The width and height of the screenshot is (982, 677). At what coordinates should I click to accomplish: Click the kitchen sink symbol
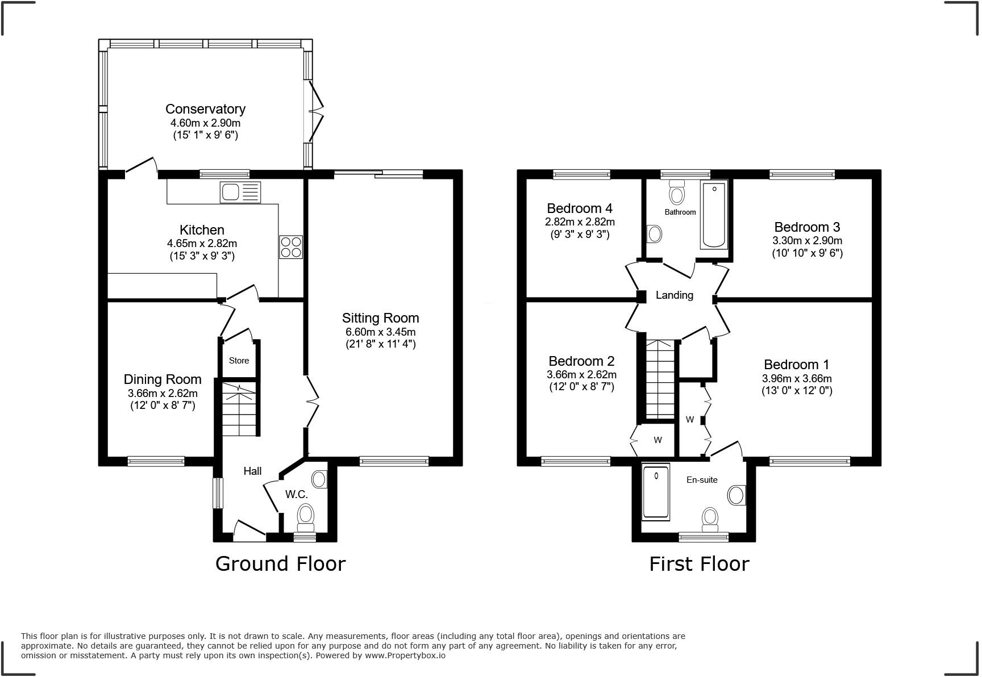pos(240,192)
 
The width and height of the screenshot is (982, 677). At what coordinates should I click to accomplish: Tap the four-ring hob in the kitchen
pos(291,247)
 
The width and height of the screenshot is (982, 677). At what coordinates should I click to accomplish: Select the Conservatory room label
pos(205,108)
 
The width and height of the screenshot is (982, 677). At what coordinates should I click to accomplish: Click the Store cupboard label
pos(239,361)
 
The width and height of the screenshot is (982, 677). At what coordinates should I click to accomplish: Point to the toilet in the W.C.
pos(306,516)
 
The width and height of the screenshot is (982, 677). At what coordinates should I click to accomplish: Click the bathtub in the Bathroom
pos(714,215)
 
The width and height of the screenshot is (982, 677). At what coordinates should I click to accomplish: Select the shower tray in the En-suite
pos(656,492)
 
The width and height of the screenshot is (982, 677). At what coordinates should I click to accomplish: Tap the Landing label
pos(674,295)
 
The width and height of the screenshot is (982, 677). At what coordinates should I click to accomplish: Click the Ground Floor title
pos(280,563)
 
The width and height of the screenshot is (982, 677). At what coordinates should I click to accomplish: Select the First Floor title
pos(699,563)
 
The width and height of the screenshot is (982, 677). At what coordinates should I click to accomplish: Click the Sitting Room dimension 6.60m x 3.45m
pos(380,332)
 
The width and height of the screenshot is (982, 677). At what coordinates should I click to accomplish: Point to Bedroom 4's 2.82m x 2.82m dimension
pos(580,222)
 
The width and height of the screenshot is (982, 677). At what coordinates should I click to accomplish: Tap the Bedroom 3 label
pos(807,227)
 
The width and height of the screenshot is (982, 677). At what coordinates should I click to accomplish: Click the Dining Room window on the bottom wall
pos(156,461)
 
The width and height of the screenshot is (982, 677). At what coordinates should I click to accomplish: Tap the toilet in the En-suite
pos(709,518)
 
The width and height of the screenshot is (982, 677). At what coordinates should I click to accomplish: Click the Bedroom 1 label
pos(796,365)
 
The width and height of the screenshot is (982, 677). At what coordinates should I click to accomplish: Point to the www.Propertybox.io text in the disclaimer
pos(405,655)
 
